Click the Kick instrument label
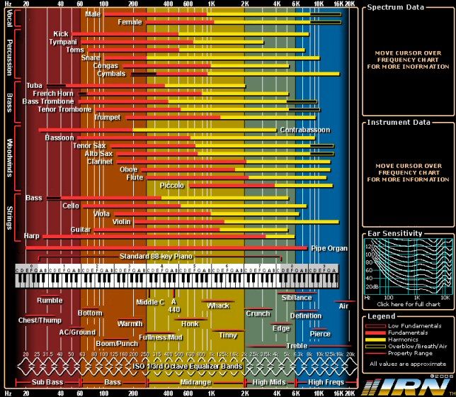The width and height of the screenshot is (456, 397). [61, 33]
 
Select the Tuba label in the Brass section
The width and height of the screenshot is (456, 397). [34, 85]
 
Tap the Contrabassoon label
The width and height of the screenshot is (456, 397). [304, 130]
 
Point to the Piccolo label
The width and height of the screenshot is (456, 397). [172, 185]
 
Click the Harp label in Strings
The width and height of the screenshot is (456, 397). [32, 235]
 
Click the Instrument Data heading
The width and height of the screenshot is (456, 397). [397, 122]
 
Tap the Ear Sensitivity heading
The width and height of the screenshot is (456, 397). [395, 233]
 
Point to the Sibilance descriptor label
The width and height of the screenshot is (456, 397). [296, 298]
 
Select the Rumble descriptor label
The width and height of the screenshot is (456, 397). [50, 300]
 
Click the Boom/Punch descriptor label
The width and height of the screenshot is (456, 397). [116, 344]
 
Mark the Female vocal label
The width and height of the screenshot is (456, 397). [130, 22]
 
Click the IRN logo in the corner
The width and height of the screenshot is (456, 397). [407, 386]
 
